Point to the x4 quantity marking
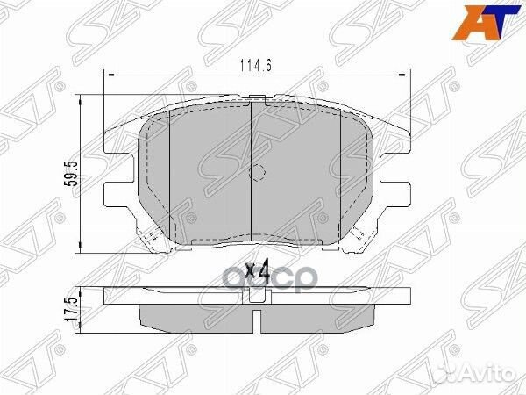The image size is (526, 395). [x=255, y=271]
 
